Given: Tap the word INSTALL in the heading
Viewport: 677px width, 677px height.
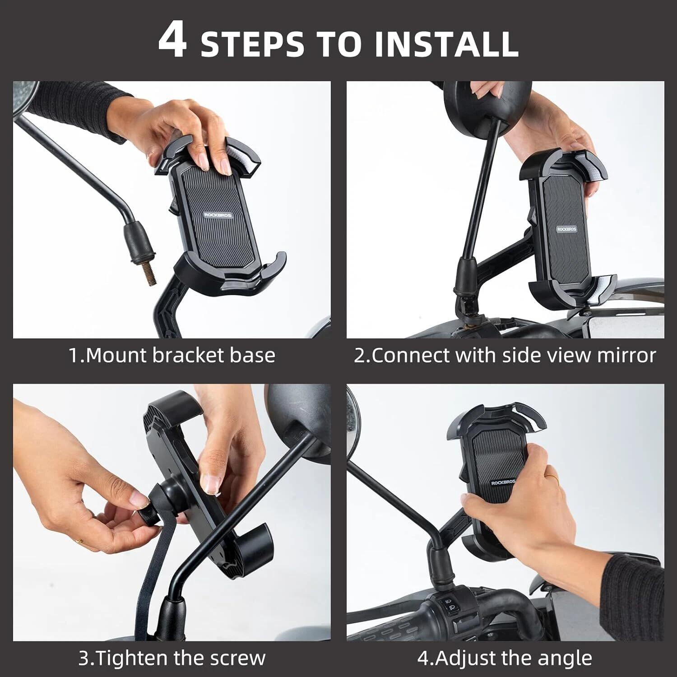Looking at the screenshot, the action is tap(447, 44).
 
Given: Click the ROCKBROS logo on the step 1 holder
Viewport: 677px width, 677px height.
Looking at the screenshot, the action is tap(218, 215).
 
